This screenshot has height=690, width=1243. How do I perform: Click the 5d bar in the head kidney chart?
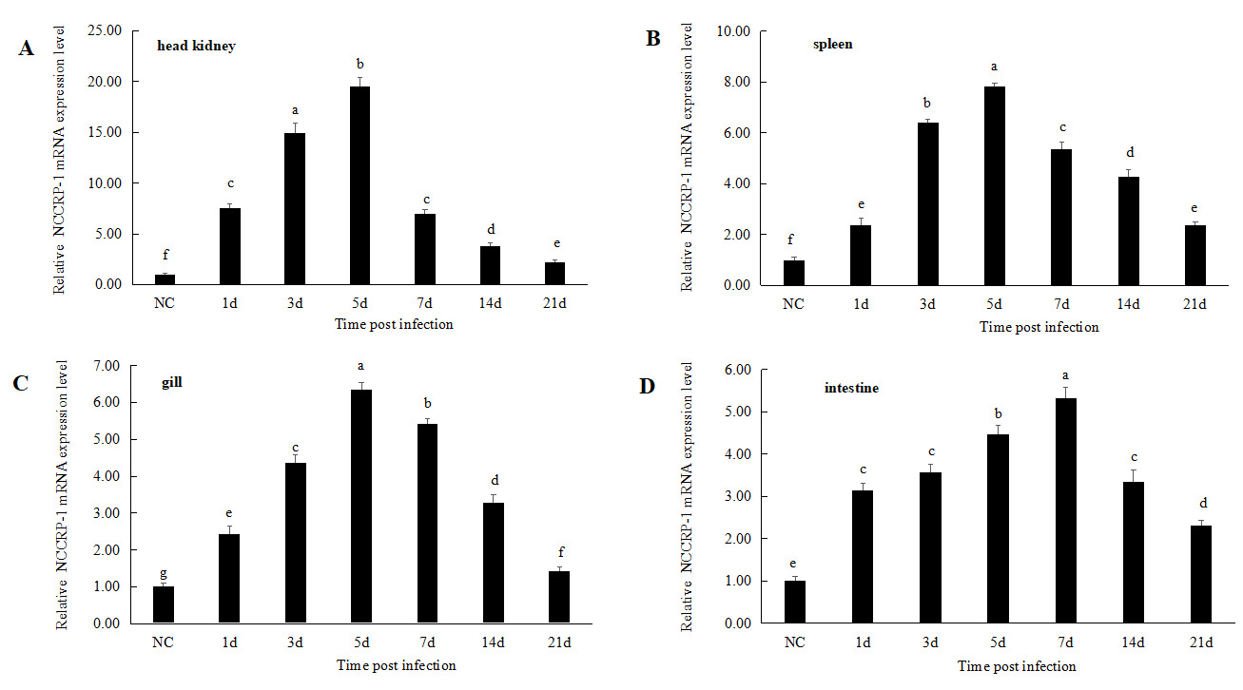pos(359,185)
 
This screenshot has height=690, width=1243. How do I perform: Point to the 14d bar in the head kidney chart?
pos(490,265)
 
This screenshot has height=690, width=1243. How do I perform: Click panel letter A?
pos(27,49)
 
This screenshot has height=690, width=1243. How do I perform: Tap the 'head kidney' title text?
pos(197,46)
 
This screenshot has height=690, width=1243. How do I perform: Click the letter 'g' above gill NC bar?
pos(165,573)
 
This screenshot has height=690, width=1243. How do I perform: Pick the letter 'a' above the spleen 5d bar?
pos(994,67)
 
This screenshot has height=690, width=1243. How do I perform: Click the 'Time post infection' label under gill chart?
pos(396,665)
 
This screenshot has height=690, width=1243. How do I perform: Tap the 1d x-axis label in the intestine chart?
pos(863,642)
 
